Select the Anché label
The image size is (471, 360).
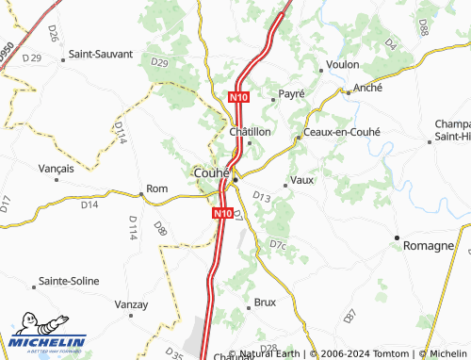pos(368,88)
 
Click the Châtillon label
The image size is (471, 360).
pos(251,132)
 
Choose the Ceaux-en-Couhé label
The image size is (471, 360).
pos(341,132)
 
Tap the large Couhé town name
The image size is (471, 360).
pos(212,173)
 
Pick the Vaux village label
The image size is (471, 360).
pos(302,179)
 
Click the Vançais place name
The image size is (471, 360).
pos(56,168)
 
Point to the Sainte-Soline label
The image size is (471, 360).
pos(71,282)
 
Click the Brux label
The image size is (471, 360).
pos(265,303)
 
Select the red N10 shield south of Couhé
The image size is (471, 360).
pos(221,214)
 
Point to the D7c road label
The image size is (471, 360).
pos(278,245)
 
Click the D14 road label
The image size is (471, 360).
pos(89,204)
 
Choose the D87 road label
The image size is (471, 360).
pos(350,314)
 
